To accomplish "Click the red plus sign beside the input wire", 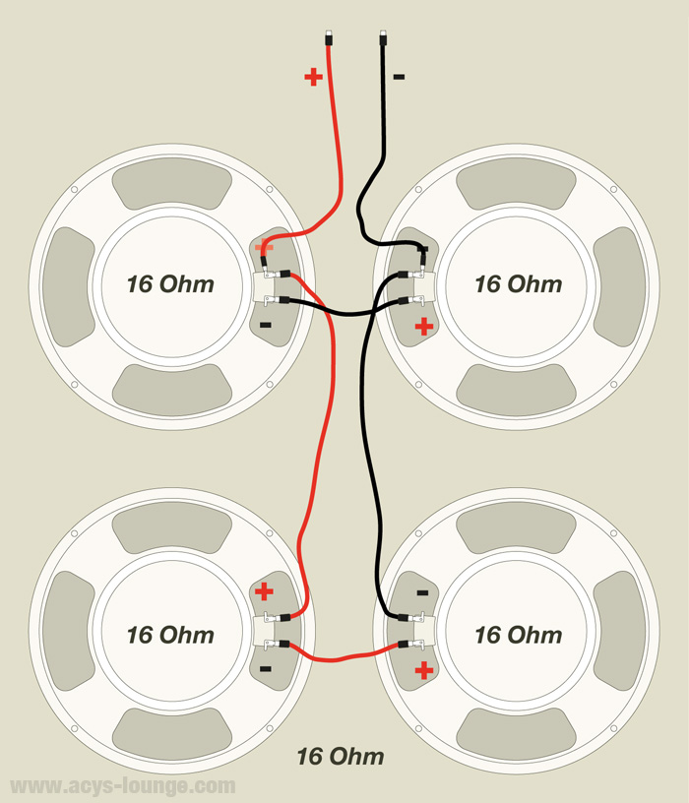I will pos(313,77).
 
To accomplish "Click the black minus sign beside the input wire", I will pos(398,77).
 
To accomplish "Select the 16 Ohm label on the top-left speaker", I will pos(170,284).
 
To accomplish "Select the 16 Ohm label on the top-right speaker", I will pos(518,284).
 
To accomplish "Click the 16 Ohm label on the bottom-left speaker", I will pos(170,635).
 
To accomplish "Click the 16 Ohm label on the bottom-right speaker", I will pos(518,635).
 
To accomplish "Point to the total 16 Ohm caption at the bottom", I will pos(341,757).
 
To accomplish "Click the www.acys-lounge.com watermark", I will pos(122,786).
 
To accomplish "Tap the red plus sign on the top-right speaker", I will pos(423,327).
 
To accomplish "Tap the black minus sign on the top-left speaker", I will pos(265,324).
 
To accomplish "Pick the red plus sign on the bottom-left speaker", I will pos(265,591).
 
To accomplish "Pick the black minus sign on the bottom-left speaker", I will pos(265,669).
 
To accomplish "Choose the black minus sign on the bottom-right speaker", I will pos(422,592).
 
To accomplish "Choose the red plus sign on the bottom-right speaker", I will pos(424,671).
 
